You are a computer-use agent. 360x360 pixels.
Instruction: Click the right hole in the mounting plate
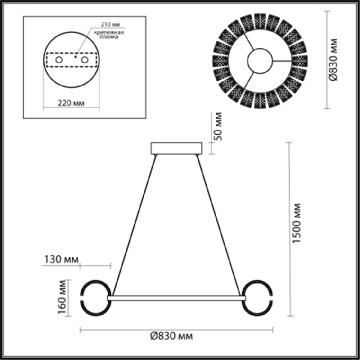click(x=84, y=59)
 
